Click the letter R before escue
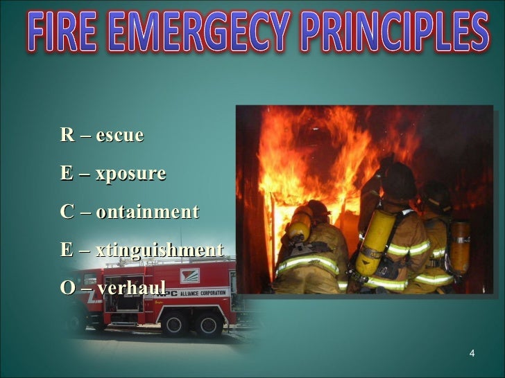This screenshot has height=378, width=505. (67, 135)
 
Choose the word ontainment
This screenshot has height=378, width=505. (147, 212)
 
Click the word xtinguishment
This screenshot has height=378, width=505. (160, 250)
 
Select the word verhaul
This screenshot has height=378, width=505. (132, 287)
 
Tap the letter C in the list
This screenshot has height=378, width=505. (67, 212)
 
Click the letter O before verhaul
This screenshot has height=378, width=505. (67, 287)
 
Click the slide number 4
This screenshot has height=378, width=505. (472, 354)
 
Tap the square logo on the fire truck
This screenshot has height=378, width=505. (189, 276)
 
